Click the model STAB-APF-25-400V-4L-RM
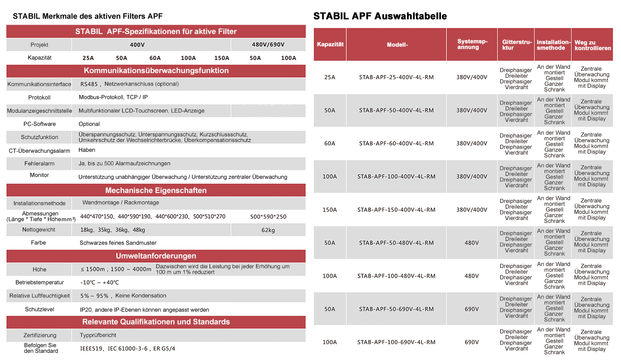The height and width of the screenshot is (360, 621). coord(396,77)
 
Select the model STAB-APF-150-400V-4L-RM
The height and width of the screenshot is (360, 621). coord(396,210)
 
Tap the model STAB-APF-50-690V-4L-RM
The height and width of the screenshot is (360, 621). coord(396,309)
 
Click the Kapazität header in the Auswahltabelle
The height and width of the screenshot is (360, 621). coord(330,45)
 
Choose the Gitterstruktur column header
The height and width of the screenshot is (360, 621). coord(515,45)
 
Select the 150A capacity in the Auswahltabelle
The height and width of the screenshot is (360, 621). coord(330,210)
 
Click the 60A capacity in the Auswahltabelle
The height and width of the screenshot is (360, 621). coord(330,143)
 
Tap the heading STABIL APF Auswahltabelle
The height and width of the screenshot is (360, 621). coord(380,16)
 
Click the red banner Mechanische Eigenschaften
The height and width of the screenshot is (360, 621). coord(156,190)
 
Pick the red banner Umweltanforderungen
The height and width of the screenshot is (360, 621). coord(156,256)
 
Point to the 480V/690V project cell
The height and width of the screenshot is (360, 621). coord(268,45)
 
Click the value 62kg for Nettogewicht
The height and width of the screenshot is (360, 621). coord(268,230)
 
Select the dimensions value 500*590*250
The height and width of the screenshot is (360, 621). coord(268,217)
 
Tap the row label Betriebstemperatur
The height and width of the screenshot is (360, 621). coord(40,282)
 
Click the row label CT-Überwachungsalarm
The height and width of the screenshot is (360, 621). coord(40,150)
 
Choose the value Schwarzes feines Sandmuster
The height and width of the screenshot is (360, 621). coord(118,243)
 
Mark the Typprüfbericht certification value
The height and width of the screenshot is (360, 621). coord(98,335)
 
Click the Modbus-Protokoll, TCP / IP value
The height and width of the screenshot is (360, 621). coord(113,97)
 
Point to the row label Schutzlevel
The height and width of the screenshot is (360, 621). coord(40,310)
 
